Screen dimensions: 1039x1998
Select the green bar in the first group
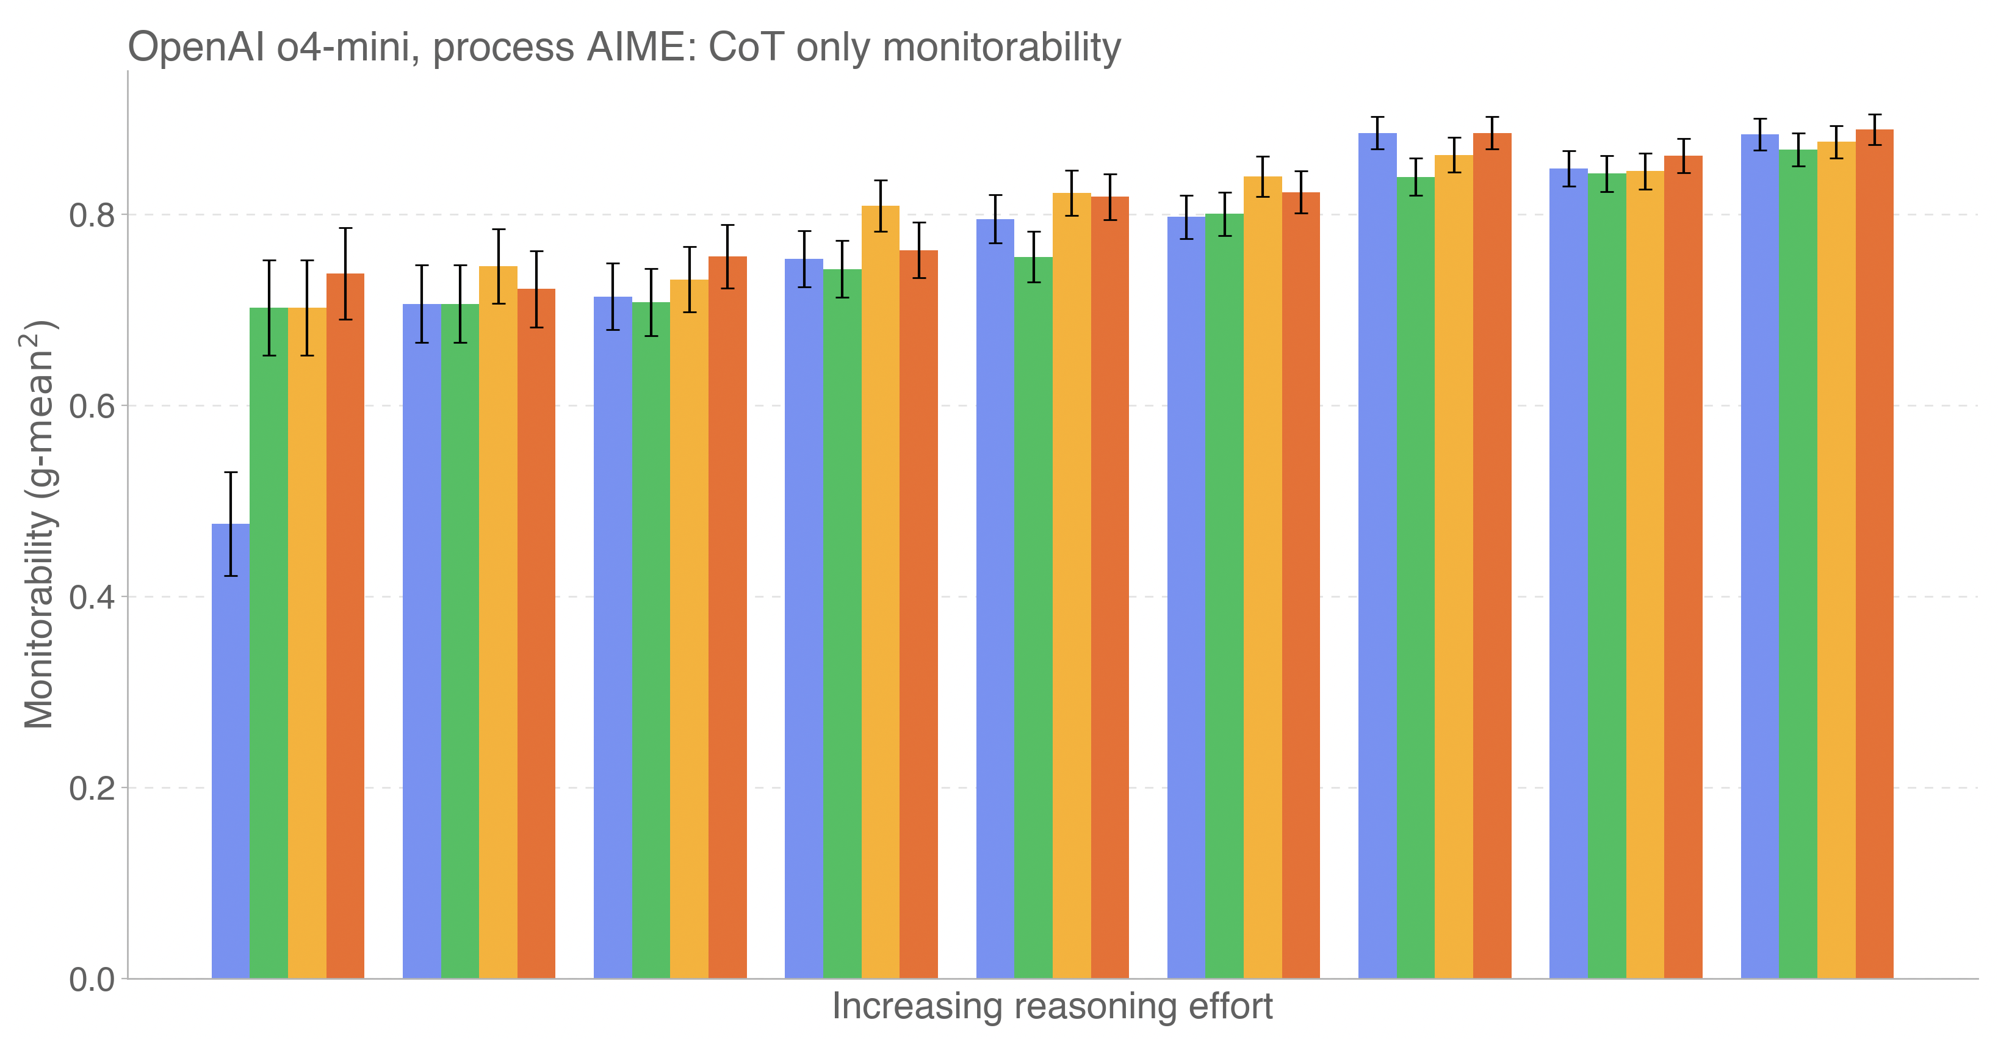pyautogui.click(x=269, y=644)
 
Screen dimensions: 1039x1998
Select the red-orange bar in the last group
pyautogui.click(x=1874, y=554)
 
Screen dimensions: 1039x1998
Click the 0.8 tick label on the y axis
pyautogui.click(x=92, y=215)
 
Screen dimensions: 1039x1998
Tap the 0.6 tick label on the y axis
pyautogui.click(x=92, y=406)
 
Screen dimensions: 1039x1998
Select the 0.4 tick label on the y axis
pyautogui.click(x=92, y=598)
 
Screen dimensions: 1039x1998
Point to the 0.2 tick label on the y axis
pyautogui.click(x=92, y=788)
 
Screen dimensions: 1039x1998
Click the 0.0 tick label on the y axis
pyautogui.click(x=92, y=979)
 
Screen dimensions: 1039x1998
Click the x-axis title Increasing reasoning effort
pyautogui.click(x=1051, y=1007)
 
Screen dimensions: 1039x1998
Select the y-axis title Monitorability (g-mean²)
pyautogui.click(x=39, y=524)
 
